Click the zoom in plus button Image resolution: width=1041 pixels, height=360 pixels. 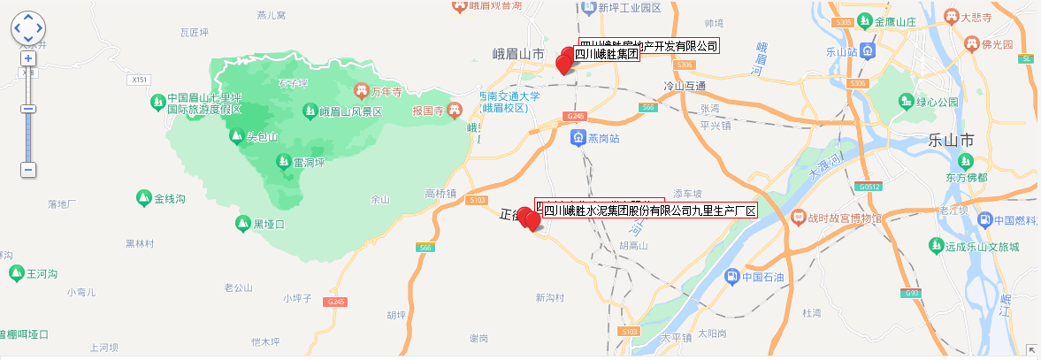point(28,58)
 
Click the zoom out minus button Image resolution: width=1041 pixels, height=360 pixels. point(28,169)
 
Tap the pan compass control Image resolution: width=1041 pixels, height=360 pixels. point(27,27)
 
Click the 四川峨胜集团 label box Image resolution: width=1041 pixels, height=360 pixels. point(607,55)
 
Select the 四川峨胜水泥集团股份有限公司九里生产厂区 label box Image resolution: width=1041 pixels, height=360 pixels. point(649,211)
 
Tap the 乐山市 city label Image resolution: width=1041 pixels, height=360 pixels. point(953,140)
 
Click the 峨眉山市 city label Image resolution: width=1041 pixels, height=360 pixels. point(518,54)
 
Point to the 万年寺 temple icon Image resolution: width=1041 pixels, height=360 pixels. point(362,91)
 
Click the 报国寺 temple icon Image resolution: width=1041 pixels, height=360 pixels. point(455,110)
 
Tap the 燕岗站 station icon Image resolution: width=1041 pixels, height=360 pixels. point(578,138)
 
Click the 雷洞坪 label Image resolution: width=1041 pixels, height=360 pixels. point(310,162)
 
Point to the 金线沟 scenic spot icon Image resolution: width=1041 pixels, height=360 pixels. point(143,197)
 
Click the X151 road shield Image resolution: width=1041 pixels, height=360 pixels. point(138,80)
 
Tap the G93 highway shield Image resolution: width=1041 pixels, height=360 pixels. point(913,293)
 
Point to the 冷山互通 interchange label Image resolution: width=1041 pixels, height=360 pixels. point(685,86)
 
